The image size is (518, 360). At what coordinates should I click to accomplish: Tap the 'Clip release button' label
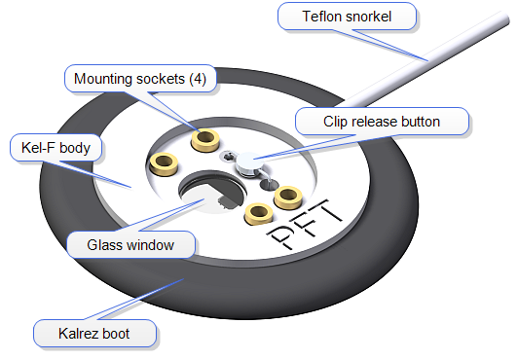tap(383, 122)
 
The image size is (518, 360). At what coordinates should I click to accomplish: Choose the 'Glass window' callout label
tap(129, 244)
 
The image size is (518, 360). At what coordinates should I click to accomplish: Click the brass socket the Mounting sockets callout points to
tap(204, 141)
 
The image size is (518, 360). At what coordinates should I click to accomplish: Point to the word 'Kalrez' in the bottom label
tap(77, 334)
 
